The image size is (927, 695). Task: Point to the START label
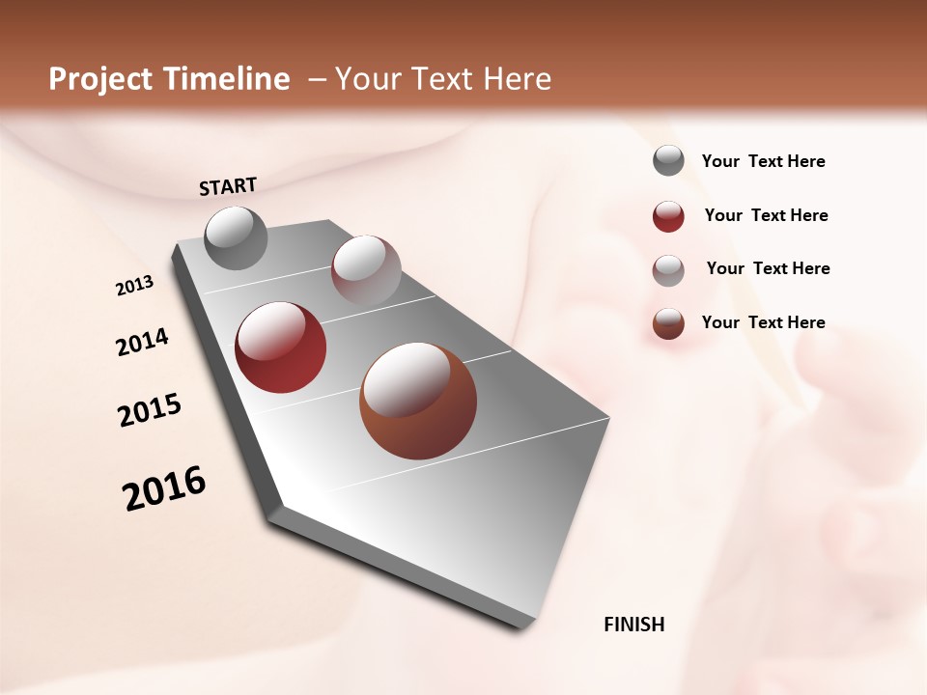(228, 186)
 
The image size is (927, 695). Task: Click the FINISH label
(634, 625)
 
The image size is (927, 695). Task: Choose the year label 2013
(135, 286)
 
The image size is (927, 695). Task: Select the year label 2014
(143, 342)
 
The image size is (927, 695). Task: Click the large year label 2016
(164, 487)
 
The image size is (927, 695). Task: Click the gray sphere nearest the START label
(236, 237)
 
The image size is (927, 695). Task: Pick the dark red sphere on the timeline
(281, 347)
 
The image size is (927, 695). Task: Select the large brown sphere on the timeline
(418, 401)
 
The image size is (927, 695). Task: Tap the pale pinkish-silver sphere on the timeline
(366, 269)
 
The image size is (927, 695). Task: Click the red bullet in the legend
(668, 216)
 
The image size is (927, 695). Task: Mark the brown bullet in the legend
(668, 323)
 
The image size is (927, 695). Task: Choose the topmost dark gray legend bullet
(668, 160)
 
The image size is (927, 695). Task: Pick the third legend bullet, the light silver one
(668, 269)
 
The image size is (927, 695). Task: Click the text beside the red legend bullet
(766, 215)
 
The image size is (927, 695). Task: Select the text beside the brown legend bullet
(763, 322)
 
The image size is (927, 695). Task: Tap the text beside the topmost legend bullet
(763, 161)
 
